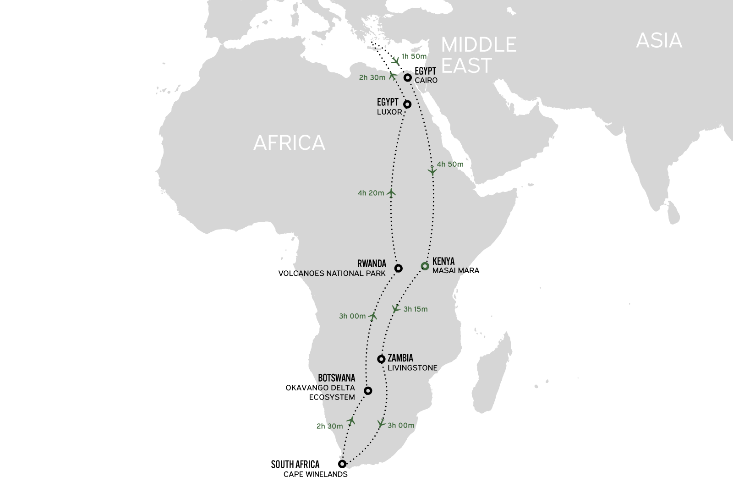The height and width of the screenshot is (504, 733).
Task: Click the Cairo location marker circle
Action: (x=407, y=77)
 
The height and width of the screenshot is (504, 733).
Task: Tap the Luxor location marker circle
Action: (x=407, y=104)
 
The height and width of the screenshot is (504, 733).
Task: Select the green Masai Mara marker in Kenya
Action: (x=425, y=266)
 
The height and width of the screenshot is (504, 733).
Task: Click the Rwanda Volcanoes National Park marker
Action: (x=398, y=268)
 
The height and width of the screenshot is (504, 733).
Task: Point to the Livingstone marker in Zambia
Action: (x=381, y=359)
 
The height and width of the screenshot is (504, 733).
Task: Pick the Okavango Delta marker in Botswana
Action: (x=367, y=391)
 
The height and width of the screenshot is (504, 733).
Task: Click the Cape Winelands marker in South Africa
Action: (x=342, y=464)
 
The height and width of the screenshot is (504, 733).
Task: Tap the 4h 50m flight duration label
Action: (x=450, y=164)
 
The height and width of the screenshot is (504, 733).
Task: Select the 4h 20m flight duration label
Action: (x=371, y=193)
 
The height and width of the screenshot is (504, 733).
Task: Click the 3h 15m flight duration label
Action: (x=416, y=309)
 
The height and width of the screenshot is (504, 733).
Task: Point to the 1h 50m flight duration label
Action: (x=414, y=56)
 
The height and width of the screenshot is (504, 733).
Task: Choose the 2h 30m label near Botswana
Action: (x=329, y=426)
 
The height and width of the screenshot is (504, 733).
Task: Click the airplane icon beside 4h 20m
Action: (x=391, y=193)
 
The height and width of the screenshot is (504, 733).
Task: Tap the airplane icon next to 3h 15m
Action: (x=396, y=309)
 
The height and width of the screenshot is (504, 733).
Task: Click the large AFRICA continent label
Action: (x=289, y=143)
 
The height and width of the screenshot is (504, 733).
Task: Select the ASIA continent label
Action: (x=659, y=41)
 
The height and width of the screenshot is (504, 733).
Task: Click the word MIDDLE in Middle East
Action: (x=479, y=45)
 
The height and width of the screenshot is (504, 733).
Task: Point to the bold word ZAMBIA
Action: (x=400, y=358)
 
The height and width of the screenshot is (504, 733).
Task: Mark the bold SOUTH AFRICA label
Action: (x=295, y=465)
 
